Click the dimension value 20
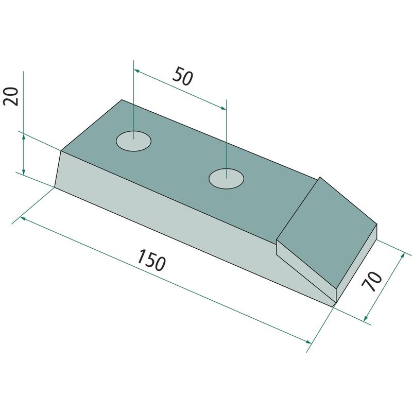11,96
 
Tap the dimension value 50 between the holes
183,76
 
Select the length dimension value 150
151,261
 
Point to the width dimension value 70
371,281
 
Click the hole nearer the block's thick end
133,141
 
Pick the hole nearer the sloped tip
226,179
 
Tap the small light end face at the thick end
58,169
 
